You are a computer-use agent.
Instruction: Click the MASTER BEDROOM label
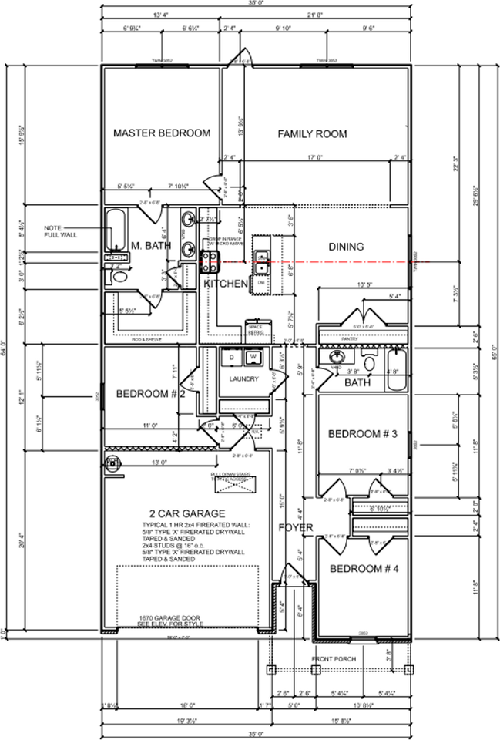point(162,133)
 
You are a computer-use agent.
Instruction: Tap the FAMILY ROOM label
point(312,134)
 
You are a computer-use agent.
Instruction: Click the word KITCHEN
point(226,284)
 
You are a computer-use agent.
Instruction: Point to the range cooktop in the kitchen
point(208,260)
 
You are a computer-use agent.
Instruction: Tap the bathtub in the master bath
point(115,232)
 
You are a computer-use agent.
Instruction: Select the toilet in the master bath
point(117,274)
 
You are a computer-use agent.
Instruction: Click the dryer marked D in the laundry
point(230,358)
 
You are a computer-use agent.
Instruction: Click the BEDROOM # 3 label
point(362,434)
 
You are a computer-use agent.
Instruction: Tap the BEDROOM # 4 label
point(362,569)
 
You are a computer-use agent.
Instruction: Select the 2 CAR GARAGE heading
point(187,513)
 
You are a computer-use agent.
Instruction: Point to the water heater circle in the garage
point(114,462)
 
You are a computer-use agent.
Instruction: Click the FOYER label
point(297,528)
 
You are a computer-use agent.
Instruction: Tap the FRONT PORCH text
point(334,660)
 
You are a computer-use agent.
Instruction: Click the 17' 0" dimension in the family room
point(314,158)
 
